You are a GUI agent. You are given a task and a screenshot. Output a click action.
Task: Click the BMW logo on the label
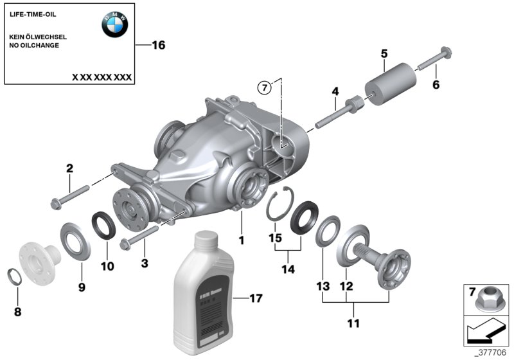(114, 25)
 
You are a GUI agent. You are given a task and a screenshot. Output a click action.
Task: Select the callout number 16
(158, 45)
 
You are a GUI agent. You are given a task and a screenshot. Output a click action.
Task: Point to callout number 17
(256, 298)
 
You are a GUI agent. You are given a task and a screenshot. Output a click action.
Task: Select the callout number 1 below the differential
(242, 240)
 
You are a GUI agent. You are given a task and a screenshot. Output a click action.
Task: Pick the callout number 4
(335, 92)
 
